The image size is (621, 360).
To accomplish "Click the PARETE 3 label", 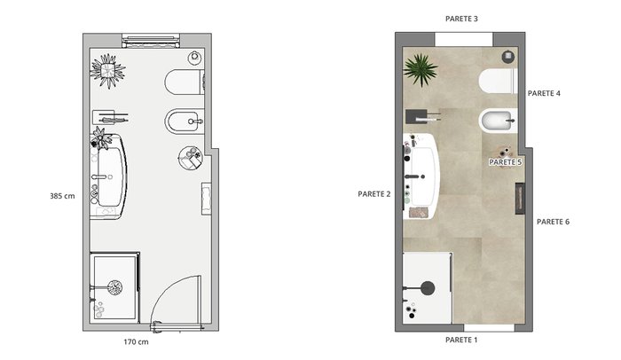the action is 461,19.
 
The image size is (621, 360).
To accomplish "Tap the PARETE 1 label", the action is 461,340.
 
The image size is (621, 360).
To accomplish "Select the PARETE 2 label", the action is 373,194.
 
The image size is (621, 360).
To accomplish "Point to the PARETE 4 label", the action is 544,93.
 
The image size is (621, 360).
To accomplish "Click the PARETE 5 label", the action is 506,162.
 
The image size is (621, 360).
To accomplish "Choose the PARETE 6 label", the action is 553,222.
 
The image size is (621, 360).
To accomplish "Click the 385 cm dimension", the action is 62,196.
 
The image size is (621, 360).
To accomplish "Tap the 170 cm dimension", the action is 136,341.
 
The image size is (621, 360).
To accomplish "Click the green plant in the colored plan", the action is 421,71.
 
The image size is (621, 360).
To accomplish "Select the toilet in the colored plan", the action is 498,82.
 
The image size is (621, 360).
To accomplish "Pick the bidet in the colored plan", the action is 498,121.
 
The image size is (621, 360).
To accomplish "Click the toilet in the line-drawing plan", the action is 185,82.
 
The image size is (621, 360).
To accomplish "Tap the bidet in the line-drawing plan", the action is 185,121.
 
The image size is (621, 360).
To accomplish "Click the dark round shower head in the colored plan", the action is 428,288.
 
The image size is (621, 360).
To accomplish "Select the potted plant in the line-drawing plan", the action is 107,71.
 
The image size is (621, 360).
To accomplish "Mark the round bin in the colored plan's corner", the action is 508,57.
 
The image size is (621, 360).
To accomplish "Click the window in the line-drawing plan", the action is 151,41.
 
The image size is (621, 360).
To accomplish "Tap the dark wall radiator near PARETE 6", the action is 520,199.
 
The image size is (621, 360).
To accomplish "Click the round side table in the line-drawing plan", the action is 191,158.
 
